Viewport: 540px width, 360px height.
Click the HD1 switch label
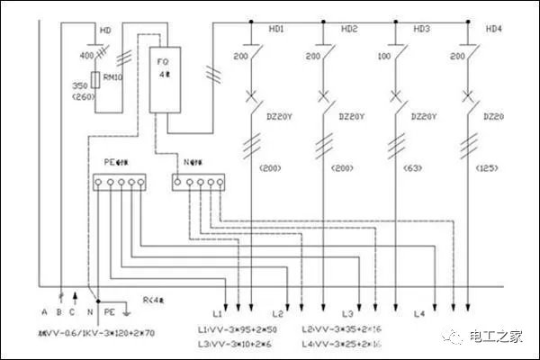click(x=276, y=30)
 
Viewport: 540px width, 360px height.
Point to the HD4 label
click(x=493, y=30)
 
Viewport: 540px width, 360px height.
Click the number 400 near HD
click(x=86, y=56)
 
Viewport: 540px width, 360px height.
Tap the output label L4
click(x=418, y=312)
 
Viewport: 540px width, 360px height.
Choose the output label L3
click(x=346, y=312)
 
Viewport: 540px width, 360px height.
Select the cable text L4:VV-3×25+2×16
click(x=340, y=345)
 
